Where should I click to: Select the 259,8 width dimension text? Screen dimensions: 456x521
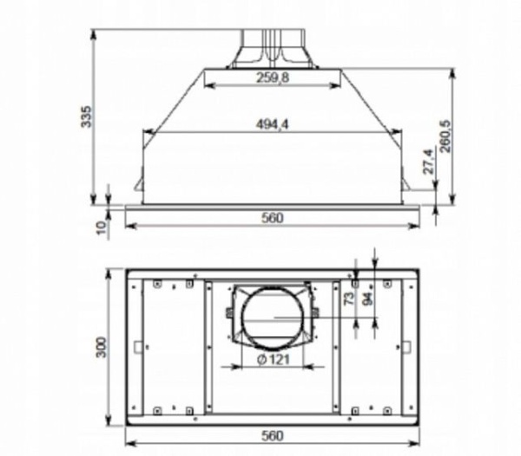272,78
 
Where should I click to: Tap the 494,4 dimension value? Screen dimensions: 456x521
272,125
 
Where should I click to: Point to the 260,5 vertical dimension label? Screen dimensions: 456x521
445,135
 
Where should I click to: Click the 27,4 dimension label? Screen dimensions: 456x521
427,165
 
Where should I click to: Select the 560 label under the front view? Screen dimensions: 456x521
272,218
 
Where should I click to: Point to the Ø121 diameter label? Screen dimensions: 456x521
272,360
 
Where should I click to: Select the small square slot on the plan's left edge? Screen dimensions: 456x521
138,347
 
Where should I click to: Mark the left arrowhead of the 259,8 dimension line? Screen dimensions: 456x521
207,85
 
